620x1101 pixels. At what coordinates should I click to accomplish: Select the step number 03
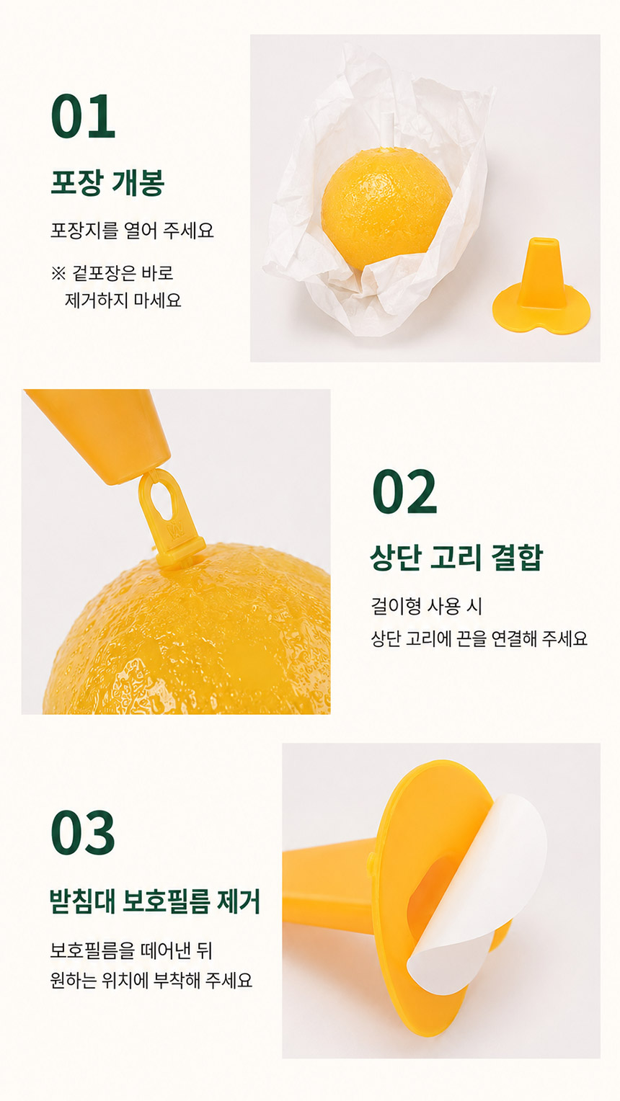click(x=83, y=833)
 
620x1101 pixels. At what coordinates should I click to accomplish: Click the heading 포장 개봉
click(x=107, y=182)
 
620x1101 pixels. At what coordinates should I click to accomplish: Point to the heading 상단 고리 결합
click(x=457, y=558)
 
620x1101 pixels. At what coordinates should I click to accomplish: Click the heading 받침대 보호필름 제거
click(x=155, y=900)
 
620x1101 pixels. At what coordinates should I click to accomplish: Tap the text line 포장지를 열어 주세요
click(x=132, y=230)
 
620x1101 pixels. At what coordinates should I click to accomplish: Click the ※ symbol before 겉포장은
click(x=58, y=273)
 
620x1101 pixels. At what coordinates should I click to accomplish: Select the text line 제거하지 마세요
click(x=123, y=300)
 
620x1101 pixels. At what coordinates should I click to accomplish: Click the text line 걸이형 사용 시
click(x=426, y=605)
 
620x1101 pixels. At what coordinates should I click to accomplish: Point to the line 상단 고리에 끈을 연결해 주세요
click(x=479, y=638)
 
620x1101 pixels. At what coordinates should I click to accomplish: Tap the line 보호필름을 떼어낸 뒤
click(x=131, y=950)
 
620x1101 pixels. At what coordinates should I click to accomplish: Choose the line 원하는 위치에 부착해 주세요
click(x=151, y=980)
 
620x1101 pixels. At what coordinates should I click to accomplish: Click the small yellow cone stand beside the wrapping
click(x=541, y=286)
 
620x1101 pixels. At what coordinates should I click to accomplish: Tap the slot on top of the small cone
click(x=544, y=241)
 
